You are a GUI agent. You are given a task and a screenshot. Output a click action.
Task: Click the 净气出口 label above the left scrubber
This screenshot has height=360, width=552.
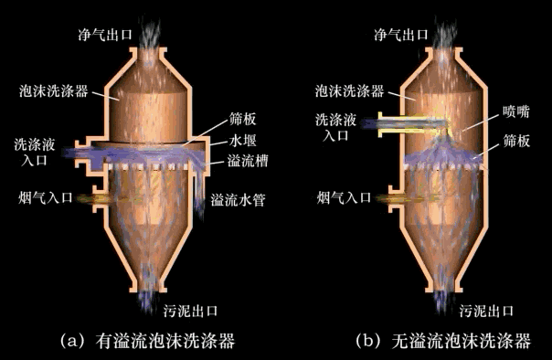tap(105, 35)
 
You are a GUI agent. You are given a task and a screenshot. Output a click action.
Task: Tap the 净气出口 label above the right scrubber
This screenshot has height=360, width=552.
tap(401, 35)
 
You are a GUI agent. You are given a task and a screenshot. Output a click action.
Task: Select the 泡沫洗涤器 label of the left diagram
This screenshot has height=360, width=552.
tap(54, 91)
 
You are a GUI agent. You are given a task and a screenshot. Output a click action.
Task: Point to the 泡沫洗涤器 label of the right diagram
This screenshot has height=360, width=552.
tap(350, 91)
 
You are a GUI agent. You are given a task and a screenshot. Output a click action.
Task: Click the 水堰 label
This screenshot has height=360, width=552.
tap(242, 141)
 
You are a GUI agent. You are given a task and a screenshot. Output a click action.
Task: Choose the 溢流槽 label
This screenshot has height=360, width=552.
tap(248, 161)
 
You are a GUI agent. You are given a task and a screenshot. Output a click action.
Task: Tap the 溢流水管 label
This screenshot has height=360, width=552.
tap(238, 200)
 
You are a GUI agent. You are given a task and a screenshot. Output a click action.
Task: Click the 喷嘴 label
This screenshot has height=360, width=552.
tap(516, 111)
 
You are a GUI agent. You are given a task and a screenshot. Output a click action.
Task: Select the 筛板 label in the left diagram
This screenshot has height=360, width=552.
tap(242, 120)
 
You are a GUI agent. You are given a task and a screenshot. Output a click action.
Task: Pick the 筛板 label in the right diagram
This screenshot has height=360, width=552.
tap(516, 141)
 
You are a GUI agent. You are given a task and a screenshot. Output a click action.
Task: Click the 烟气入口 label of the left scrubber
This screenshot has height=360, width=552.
tap(46, 197)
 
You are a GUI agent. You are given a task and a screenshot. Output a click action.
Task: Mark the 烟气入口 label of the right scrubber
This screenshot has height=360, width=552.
tap(344, 197)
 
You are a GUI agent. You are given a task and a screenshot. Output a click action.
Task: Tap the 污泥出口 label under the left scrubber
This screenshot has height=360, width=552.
tap(190, 311)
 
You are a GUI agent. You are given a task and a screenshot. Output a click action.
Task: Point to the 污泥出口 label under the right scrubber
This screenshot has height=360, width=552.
tap(486, 311)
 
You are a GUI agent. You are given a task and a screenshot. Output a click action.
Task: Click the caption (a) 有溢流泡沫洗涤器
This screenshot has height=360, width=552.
tap(147, 340)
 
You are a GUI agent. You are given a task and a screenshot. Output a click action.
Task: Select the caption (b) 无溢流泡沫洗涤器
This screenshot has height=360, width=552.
tap(443, 340)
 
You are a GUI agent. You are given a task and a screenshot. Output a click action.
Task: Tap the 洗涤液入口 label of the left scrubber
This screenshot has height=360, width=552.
tap(35, 152)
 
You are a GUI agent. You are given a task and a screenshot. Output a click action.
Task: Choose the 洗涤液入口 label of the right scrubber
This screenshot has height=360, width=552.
tap(335, 127)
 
